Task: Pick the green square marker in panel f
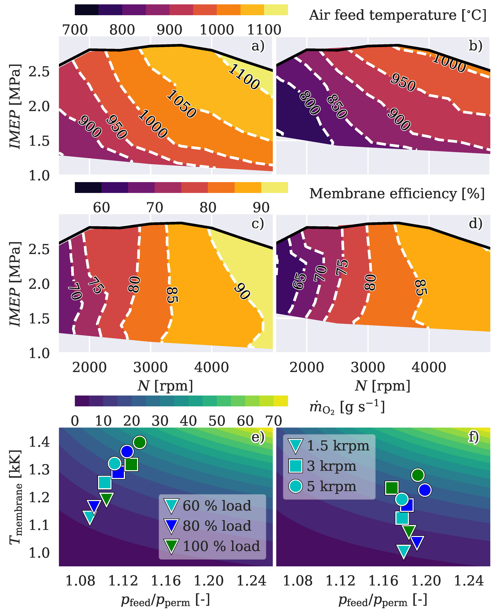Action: click(x=392, y=488)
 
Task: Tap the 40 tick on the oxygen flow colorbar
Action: click(x=188, y=421)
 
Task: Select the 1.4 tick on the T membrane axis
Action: click(x=39, y=442)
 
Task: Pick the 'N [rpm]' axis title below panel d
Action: click(x=383, y=386)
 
